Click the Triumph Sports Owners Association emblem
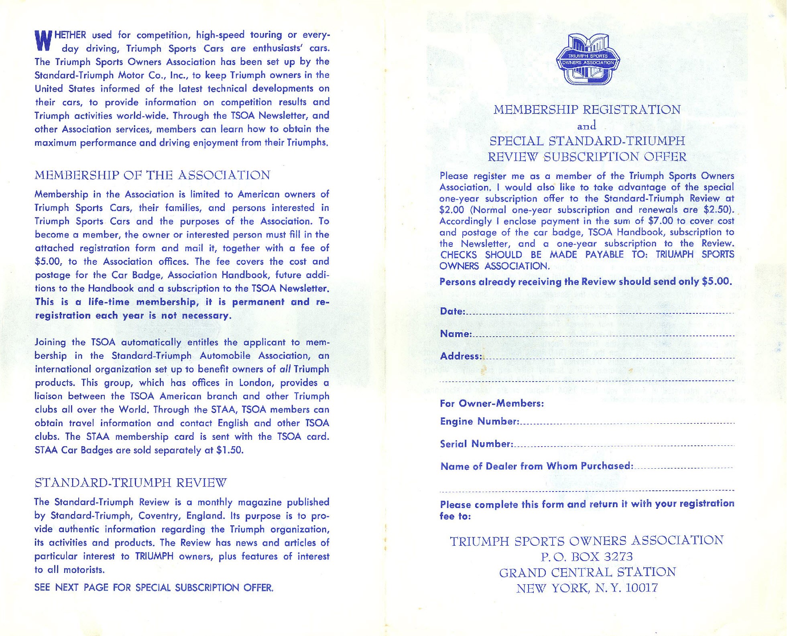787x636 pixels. tap(588, 59)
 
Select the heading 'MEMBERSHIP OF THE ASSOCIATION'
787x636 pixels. tap(153, 175)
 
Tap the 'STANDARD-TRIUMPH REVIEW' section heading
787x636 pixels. tap(131, 482)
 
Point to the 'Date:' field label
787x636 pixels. tap(453, 311)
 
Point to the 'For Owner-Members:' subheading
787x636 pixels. tap(492, 403)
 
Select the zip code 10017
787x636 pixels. tap(642, 588)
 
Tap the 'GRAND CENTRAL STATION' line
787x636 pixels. tap(588, 572)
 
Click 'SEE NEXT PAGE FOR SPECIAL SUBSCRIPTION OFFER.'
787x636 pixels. tap(154, 588)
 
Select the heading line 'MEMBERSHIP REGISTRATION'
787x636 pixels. tap(587, 110)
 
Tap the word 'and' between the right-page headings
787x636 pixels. tap(586, 126)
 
